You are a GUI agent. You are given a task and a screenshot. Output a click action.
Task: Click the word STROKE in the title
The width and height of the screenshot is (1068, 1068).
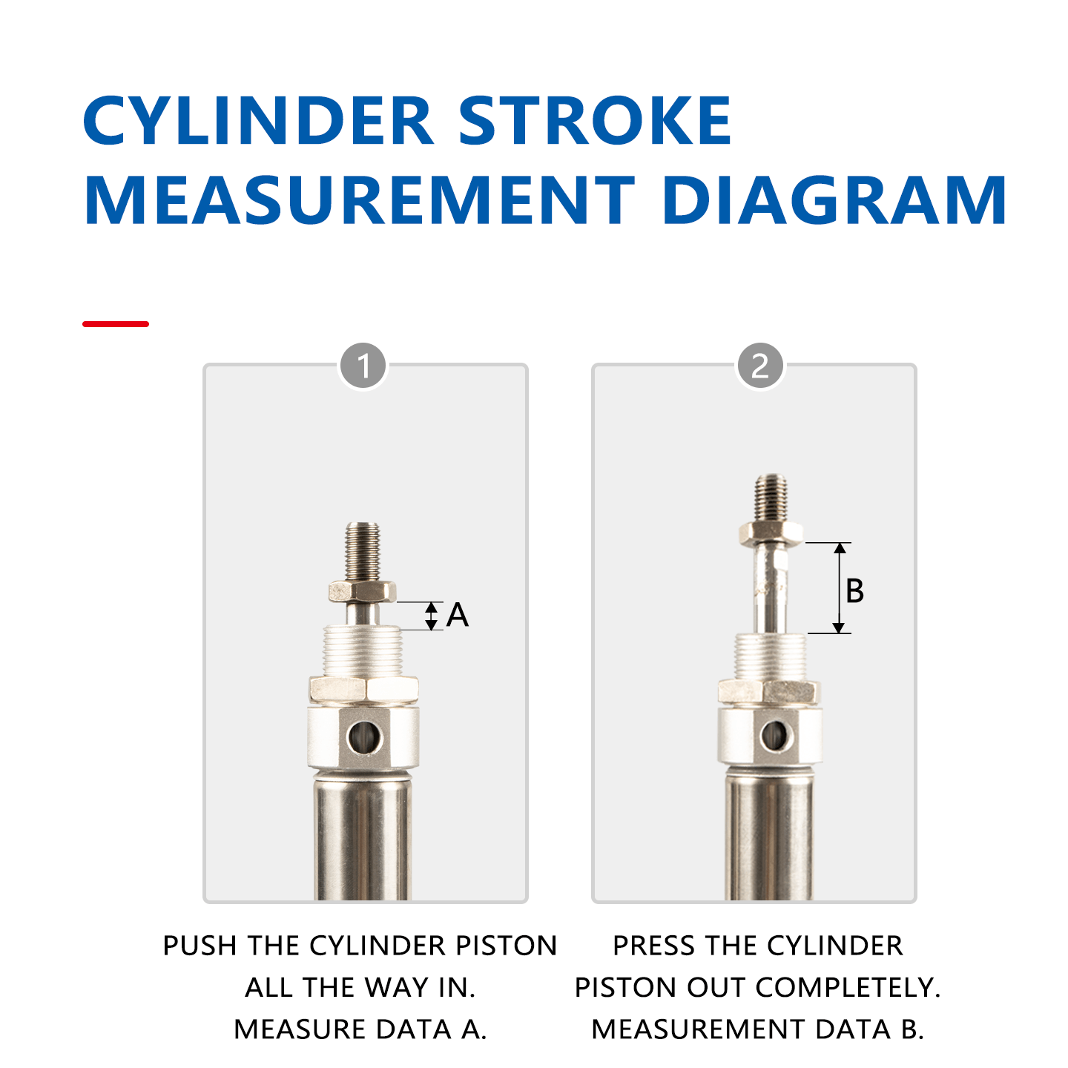click(595, 121)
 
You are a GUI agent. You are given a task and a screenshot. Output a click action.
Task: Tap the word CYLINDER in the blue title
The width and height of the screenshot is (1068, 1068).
click(258, 121)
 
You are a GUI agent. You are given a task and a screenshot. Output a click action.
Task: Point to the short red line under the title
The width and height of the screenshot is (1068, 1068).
click(116, 324)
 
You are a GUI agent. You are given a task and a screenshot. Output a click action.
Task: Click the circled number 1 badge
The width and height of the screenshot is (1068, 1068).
click(363, 366)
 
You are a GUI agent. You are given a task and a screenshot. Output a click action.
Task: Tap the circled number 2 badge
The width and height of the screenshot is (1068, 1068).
click(760, 366)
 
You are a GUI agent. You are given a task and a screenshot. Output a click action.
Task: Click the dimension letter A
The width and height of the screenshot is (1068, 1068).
click(458, 615)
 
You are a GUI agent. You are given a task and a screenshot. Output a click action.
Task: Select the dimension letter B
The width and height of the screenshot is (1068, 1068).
click(854, 591)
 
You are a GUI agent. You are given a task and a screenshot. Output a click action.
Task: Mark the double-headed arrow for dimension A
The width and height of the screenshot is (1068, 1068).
click(432, 616)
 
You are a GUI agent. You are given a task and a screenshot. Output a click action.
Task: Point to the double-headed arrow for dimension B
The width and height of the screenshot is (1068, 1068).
click(839, 587)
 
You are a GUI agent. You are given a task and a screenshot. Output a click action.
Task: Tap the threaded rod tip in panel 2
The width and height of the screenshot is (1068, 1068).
click(771, 497)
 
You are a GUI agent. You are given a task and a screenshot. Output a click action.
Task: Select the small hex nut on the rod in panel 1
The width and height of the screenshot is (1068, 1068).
click(362, 592)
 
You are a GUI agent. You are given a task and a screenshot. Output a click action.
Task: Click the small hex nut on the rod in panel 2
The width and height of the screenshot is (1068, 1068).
click(771, 533)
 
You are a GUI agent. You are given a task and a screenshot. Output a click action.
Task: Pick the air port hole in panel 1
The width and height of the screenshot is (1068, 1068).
click(364, 737)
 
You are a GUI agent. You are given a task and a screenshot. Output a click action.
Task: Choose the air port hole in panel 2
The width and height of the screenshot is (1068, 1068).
click(776, 736)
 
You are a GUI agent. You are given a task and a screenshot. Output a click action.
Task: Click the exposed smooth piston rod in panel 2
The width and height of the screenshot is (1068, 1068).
click(770, 590)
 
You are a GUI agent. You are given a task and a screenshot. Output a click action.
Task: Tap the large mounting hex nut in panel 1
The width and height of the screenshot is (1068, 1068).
click(363, 689)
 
